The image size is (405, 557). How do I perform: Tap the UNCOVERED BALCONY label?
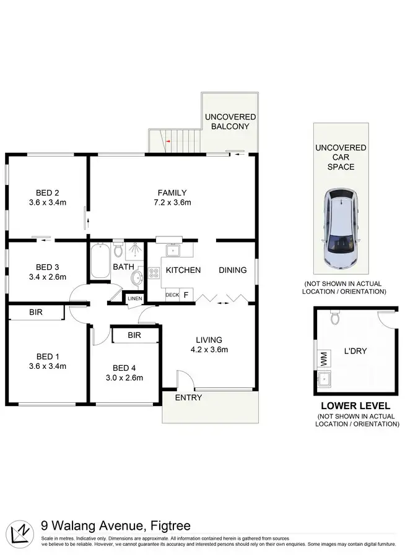(x=230, y=121)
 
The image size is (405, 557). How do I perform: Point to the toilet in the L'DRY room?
(x=335, y=319)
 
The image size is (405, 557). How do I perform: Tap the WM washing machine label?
(x=323, y=357)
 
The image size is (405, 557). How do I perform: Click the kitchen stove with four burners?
(x=153, y=272)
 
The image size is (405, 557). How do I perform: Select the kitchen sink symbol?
(x=174, y=249)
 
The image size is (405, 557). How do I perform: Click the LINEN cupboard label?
(x=134, y=299)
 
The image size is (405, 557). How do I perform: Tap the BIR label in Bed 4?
(x=134, y=335)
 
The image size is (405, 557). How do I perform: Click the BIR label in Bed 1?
(x=36, y=313)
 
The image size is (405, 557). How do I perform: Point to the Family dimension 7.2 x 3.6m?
(x=172, y=202)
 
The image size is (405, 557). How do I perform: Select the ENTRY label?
(x=188, y=397)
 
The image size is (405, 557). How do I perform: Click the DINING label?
(x=232, y=270)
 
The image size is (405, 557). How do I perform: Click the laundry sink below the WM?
(x=323, y=378)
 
